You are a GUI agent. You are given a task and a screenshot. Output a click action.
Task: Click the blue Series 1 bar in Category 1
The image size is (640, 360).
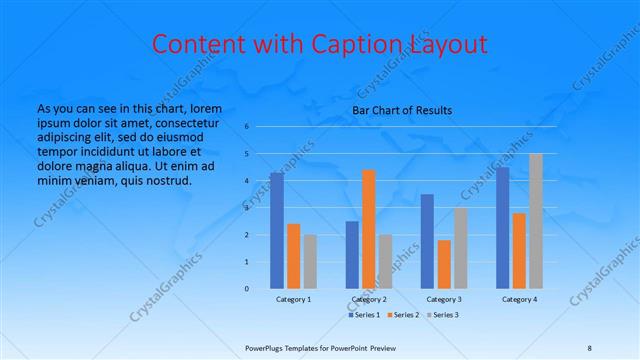point(277,231)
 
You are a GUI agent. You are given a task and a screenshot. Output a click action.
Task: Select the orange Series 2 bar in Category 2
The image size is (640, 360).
point(369,229)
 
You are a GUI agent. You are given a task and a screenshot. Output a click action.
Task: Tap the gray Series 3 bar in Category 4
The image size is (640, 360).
point(536,221)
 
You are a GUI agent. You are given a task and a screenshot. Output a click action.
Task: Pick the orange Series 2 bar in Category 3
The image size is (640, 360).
point(444,264)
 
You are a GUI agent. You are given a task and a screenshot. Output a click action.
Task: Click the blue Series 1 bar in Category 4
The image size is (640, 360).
point(502,228)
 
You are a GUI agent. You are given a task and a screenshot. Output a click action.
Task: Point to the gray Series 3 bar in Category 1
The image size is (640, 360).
point(310,262)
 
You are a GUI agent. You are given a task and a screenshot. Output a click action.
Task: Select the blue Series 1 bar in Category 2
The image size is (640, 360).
point(352,255)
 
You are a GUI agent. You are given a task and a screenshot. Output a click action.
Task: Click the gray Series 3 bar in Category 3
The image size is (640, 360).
point(460,248)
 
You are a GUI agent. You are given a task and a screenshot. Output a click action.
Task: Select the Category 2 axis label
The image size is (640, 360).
point(368,299)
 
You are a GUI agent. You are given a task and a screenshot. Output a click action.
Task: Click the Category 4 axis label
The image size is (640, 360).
point(519,299)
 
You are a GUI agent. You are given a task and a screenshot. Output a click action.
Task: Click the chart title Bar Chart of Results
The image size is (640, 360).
point(402,110)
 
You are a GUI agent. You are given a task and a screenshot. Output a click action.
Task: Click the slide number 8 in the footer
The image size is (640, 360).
point(589,348)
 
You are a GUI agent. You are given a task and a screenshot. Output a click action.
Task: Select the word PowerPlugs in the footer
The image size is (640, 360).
point(266,348)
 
